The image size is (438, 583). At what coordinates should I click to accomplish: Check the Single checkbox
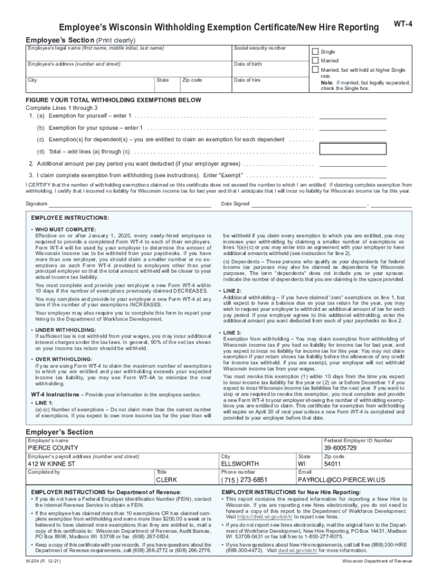click(x=315, y=51)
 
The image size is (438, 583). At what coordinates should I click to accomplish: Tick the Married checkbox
click(x=315, y=60)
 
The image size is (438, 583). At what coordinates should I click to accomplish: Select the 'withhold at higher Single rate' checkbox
click(x=315, y=69)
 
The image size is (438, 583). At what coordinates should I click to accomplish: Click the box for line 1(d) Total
click(x=353, y=149)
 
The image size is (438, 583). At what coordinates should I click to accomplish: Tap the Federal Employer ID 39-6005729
click(x=341, y=448)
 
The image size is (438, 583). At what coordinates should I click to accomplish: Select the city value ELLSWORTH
click(x=239, y=464)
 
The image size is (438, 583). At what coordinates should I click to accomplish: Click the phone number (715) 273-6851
click(x=245, y=480)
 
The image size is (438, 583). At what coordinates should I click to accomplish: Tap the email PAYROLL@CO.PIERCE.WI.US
click(x=342, y=480)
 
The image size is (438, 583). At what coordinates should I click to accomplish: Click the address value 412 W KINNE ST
click(x=52, y=464)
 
